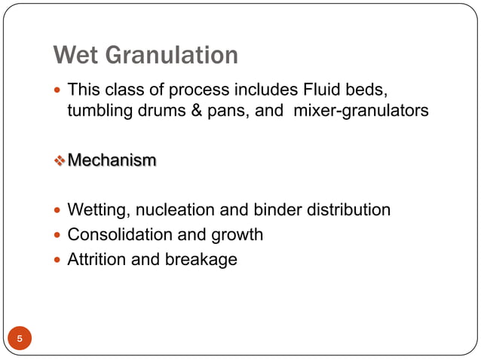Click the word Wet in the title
78,55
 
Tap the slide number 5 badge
20,339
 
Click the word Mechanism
112,160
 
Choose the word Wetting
96,210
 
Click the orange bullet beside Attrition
60,261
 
